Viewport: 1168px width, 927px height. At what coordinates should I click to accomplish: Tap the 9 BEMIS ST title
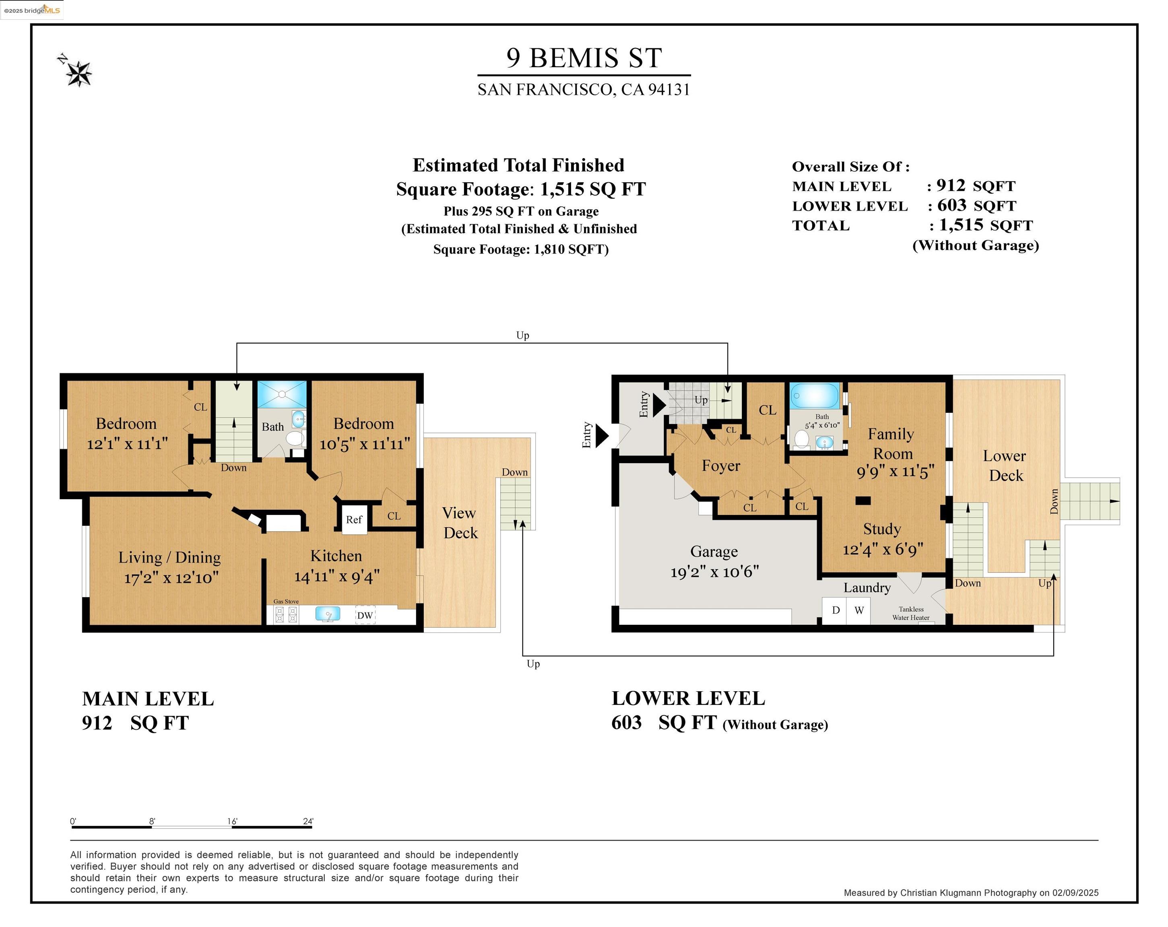584,58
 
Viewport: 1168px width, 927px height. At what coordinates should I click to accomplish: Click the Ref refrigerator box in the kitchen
354,519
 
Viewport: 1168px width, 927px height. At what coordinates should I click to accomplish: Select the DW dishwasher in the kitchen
365,615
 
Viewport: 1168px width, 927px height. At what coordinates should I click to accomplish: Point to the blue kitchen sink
328,614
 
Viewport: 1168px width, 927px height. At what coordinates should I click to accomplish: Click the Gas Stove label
286,602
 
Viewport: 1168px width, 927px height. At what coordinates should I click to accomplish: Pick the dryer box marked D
835,610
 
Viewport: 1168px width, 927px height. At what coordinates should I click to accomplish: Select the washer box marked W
858,610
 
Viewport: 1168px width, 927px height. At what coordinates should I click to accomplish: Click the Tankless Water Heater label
911,614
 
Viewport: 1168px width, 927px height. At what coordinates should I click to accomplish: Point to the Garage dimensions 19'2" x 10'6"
714,571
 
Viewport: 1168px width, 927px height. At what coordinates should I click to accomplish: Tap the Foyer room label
721,466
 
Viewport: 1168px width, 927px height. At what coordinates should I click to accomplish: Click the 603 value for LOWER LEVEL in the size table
952,205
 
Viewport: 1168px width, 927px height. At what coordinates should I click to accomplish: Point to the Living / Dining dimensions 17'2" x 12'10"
171,578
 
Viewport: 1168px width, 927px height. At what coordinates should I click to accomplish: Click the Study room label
882,529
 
